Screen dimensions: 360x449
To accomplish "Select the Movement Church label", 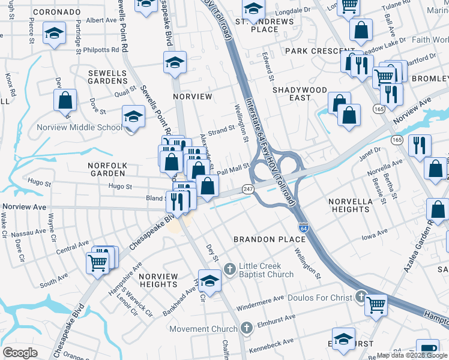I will (203, 329).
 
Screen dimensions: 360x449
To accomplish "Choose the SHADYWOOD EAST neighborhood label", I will (300, 94).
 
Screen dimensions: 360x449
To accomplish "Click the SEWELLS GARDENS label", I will (108, 77).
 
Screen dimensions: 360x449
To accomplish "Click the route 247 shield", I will (248, 189).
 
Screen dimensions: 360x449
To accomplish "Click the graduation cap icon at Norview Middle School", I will (133, 116).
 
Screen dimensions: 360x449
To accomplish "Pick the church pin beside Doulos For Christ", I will (360, 296).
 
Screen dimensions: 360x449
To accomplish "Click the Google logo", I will (20, 353).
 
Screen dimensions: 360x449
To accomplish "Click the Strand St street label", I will (221, 130).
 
